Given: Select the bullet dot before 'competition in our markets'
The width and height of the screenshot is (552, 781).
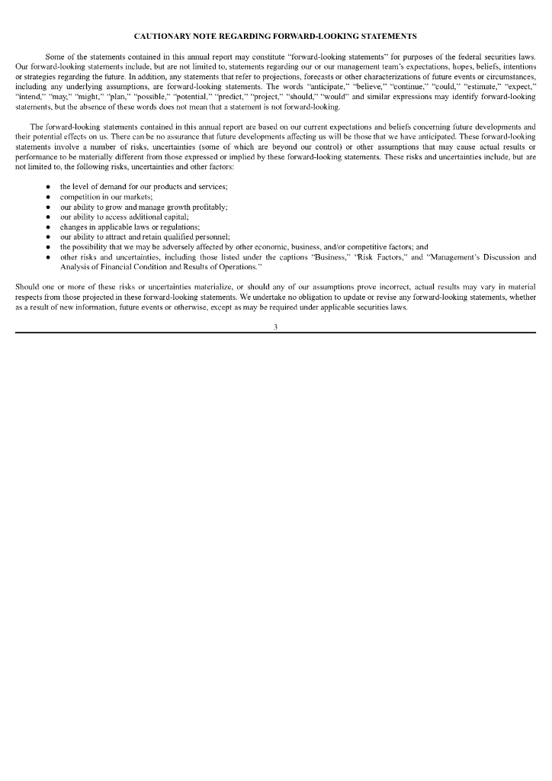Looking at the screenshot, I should pyautogui.click(x=49, y=197).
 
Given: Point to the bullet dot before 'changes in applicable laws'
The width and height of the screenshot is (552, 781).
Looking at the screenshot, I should pyautogui.click(x=49, y=227).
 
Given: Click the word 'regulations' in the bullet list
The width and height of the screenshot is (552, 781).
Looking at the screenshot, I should pyautogui.click(x=179, y=227).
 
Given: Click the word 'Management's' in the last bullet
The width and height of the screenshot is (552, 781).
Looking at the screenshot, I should pyautogui.click(x=460, y=257).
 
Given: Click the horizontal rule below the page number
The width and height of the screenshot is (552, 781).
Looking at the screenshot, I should pyautogui.click(x=275, y=333).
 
